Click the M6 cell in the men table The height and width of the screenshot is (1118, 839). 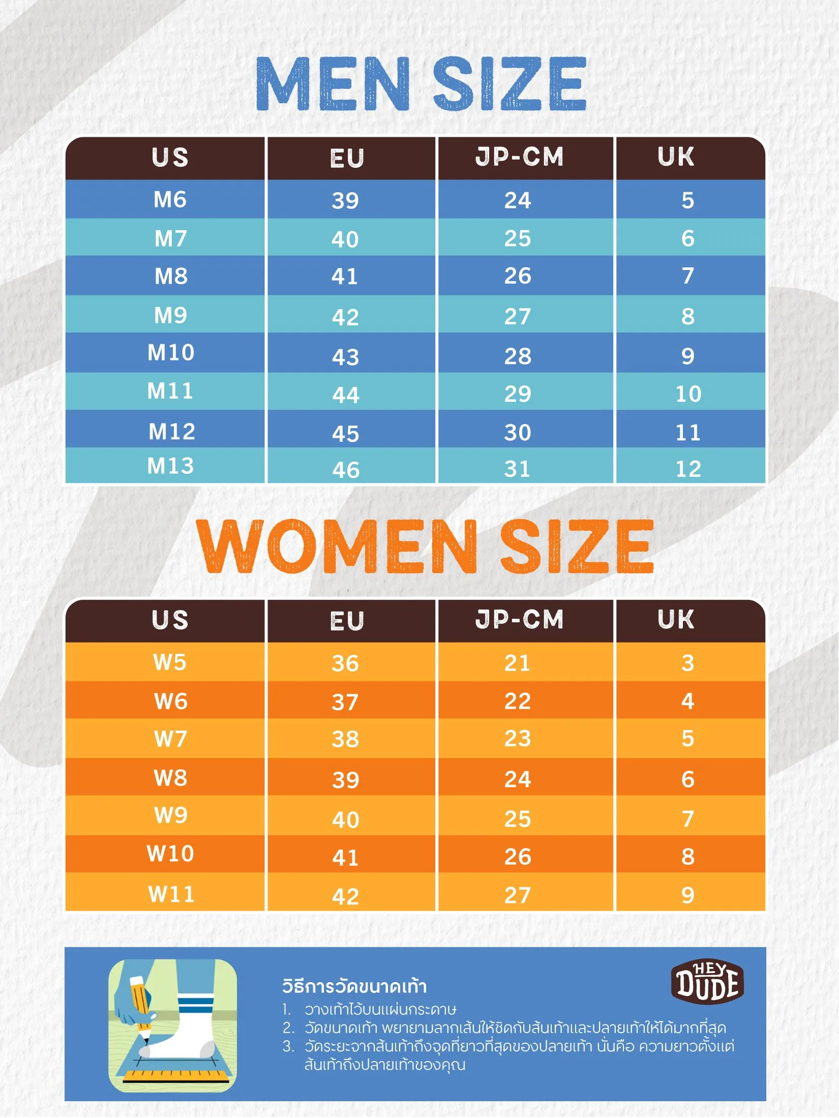click(170, 199)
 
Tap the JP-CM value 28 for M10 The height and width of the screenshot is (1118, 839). click(518, 356)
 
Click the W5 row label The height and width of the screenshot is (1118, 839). click(170, 662)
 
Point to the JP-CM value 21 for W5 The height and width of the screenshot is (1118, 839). click(518, 663)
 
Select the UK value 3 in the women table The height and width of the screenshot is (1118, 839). click(687, 663)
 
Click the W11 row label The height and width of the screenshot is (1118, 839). click(171, 894)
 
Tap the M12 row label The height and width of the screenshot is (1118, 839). click(172, 432)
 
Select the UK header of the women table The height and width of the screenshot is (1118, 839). click(676, 619)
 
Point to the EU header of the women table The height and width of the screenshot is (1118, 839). click(347, 621)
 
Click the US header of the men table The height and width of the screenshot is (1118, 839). click(170, 157)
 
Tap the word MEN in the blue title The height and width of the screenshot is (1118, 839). click(333, 84)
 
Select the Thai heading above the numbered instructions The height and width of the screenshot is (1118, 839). click(354, 986)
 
